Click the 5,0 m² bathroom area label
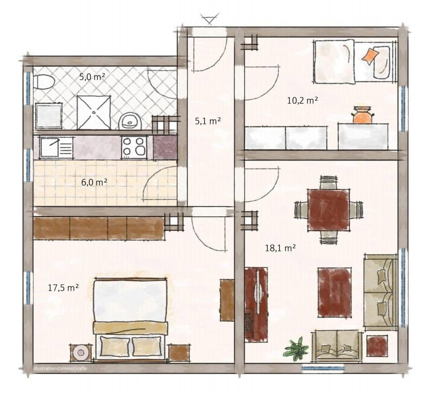coord(92,77)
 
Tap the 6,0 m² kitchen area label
coord(94,182)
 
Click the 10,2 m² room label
coord(302,100)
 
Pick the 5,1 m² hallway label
coord(208,121)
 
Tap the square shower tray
coord(93,112)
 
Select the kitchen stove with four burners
coord(133,147)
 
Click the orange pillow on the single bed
coord(370,56)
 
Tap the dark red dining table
coord(328,210)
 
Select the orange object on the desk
coord(362,115)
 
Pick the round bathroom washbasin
coord(129,121)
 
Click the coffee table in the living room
coord(334,292)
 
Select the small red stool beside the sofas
coord(377,346)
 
